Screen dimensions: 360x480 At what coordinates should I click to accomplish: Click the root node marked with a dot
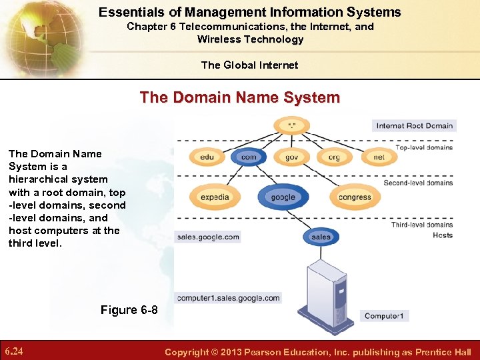[x=291, y=125]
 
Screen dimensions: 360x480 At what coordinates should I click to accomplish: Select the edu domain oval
[x=207, y=157]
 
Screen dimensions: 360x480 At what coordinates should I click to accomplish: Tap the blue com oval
[x=249, y=157]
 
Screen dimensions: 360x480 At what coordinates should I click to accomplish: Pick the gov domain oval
[x=291, y=157]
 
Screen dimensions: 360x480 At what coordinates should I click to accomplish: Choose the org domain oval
[x=334, y=157]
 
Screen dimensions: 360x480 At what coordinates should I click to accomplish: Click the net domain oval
[x=379, y=157]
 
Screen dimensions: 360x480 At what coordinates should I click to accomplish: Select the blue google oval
[x=283, y=197]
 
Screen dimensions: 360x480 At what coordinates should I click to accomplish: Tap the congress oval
[x=355, y=197]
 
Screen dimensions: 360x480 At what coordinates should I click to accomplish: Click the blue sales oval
[x=321, y=237]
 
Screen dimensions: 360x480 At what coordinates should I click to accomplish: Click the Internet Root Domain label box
[x=414, y=125]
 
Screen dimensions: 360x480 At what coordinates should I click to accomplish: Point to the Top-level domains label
[x=424, y=147]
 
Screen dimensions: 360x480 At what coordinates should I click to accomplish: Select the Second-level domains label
[x=418, y=183]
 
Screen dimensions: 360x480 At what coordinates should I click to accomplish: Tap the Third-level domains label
[x=422, y=225]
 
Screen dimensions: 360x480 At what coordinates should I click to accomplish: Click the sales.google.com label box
[x=208, y=237]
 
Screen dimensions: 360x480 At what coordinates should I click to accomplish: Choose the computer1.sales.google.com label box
[x=229, y=298]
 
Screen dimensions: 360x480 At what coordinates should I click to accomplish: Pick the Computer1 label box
[x=384, y=316]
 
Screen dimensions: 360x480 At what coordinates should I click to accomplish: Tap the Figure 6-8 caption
[x=129, y=310]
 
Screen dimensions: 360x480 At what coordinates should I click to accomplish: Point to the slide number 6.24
[x=15, y=351]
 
